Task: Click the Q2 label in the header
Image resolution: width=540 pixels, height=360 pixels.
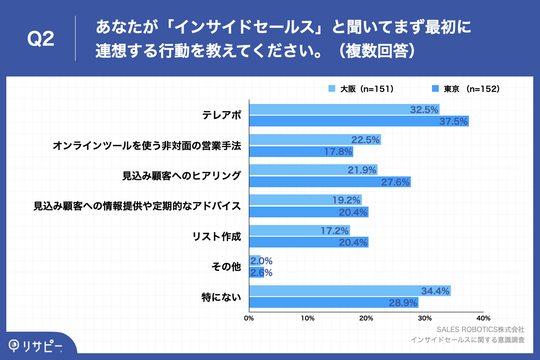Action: [x=40, y=40]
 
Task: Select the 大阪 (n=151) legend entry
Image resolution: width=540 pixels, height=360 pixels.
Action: [x=362, y=89]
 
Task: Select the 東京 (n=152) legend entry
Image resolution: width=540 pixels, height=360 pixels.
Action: [x=466, y=89]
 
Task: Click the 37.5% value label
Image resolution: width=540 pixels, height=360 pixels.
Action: [x=454, y=121]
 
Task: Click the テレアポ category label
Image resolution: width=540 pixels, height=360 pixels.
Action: [x=221, y=115]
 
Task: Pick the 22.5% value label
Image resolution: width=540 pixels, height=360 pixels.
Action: [x=365, y=140]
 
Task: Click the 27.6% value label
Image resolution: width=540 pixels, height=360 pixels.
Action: [x=395, y=182]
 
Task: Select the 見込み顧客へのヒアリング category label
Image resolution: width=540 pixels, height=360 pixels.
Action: [x=182, y=175]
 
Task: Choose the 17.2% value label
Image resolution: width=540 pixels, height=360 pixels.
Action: [x=335, y=231]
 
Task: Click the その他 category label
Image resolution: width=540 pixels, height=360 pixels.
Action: [x=226, y=267]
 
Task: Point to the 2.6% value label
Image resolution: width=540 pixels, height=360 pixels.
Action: [x=261, y=273]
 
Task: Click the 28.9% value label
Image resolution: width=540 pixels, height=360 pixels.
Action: [x=403, y=303]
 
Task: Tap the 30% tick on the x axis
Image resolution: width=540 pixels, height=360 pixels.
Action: [x=424, y=319]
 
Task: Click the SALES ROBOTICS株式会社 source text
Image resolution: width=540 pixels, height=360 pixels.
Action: [x=480, y=329]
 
